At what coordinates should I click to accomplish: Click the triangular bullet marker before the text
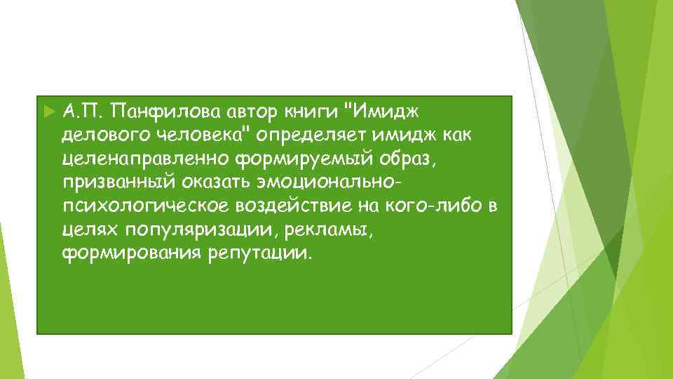point(48,111)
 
